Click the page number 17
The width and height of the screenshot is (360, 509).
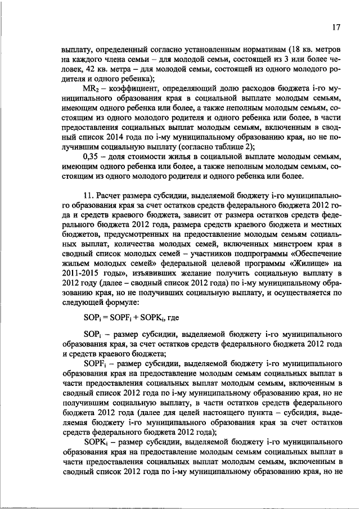336,27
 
